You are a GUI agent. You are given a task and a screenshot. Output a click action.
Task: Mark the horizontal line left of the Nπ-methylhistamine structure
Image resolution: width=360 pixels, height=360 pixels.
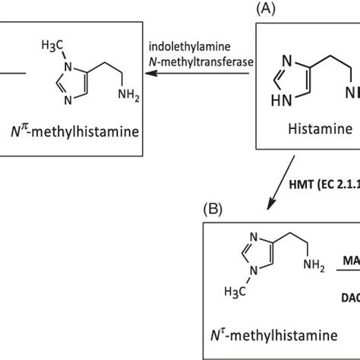[x=13, y=74]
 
